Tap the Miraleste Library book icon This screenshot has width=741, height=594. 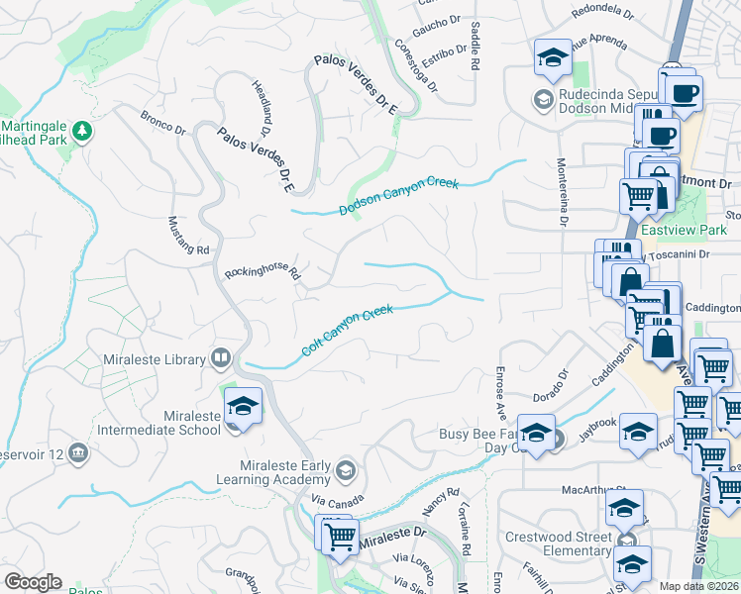221,359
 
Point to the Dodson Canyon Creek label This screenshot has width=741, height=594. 399,195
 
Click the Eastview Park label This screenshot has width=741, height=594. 684,230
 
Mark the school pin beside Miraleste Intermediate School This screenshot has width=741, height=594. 240,406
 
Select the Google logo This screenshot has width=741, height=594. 32,582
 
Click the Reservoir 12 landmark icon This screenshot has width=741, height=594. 78,453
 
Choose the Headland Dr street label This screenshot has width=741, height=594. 261,107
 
